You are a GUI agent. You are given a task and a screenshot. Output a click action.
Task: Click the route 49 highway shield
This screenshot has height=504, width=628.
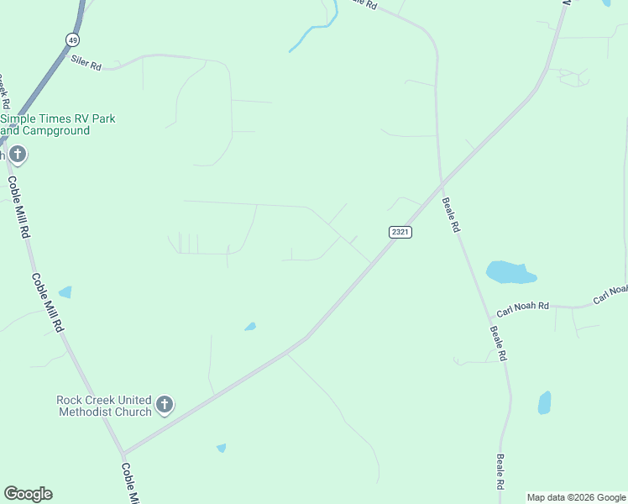[73, 39]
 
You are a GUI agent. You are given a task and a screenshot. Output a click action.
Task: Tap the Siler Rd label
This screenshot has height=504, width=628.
[86, 61]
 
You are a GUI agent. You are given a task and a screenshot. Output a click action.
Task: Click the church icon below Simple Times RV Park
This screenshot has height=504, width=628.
[18, 155]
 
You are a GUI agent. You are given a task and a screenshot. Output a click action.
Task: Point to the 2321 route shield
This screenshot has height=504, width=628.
[400, 232]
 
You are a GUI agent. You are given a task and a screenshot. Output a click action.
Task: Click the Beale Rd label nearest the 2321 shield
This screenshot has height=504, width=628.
[451, 216]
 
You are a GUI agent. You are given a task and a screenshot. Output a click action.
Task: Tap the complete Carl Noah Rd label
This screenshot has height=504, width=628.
[521, 309]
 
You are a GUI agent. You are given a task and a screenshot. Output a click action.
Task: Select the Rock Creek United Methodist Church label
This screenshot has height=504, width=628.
[104, 406]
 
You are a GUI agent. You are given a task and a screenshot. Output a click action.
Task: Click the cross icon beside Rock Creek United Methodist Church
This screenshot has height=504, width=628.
[165, 405]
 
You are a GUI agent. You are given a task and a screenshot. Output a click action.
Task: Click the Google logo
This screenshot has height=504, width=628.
[28, 494]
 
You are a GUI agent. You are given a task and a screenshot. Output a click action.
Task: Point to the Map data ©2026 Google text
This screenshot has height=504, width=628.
[576, 497]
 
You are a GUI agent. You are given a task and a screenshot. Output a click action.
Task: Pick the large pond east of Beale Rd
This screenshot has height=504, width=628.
[508, 272]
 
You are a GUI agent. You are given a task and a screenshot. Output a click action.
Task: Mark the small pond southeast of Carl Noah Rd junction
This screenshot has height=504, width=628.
[544, 402]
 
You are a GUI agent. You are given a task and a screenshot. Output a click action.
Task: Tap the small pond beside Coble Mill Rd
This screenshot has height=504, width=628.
[65, 292]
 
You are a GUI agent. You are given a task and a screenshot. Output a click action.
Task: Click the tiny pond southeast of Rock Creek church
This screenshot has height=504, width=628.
[221, 448]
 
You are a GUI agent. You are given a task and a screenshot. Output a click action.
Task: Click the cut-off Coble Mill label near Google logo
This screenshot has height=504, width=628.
[129, 483]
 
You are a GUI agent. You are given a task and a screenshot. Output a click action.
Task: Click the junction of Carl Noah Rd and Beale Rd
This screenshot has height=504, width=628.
[489, 318]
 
